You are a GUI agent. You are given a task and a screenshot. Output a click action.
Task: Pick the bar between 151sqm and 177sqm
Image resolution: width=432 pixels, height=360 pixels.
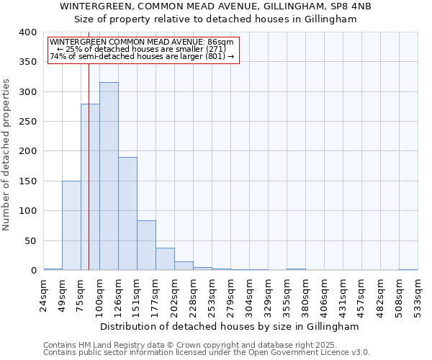click(x=146, y=246)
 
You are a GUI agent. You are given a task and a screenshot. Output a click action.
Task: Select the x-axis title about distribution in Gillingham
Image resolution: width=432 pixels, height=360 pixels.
click(x=229, y=326)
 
